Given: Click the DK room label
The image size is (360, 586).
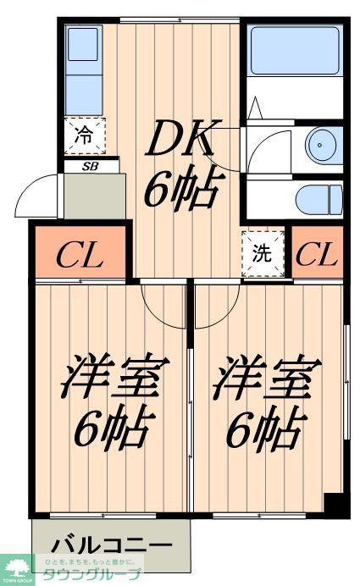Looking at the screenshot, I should pos(184,139).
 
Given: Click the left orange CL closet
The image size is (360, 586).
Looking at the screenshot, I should pos(80,253).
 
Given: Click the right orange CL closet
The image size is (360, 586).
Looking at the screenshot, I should pos(317,253).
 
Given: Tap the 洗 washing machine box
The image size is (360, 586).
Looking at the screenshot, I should pos(260,253).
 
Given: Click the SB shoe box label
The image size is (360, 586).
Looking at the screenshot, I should pos(90,166).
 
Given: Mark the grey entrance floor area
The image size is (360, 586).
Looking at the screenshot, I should pos(93,198).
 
